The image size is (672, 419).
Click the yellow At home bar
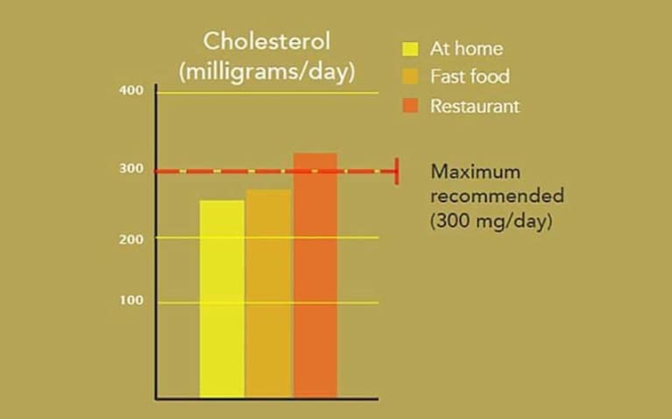point(222,299)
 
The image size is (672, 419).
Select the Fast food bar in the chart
point(269,294)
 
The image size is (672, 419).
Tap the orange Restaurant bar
point(315,275)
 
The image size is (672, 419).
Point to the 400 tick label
point(131,90)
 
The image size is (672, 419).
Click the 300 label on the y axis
point(131,168)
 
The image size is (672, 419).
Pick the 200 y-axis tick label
point(131,239)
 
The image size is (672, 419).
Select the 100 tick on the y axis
point(131,300)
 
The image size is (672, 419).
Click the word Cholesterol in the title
point(266,41)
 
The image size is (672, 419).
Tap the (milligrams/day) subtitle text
point(266,72)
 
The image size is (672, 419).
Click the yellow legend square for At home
point(410,49)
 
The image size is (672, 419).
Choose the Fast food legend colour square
point(410,77)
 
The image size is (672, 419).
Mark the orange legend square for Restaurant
point(410,105)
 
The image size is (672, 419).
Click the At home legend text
point(466,49)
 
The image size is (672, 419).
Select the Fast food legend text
point(470,76)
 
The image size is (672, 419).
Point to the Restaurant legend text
point(475,106)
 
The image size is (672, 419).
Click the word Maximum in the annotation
point(475,172)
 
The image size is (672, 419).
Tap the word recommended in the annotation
point(497,195)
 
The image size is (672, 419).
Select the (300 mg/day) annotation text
point(492,221)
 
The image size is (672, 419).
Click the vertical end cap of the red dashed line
point(397,171)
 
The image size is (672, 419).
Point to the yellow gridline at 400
point(268,93)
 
